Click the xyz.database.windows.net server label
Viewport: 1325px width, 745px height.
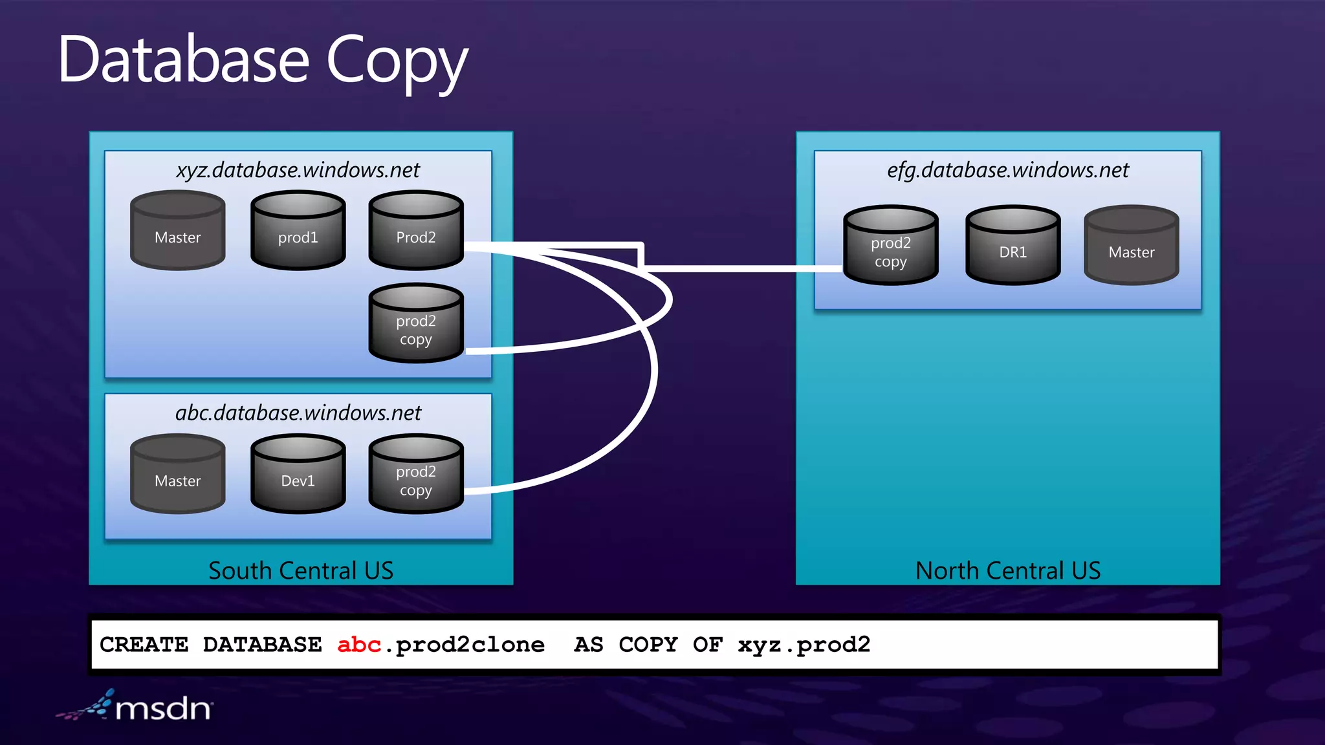point(298,170)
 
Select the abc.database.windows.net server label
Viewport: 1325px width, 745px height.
point(298,413)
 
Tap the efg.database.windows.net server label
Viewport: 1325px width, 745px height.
point(1007,170)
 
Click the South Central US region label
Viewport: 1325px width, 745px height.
point(301,570)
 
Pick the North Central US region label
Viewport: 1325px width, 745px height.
point(1007,570)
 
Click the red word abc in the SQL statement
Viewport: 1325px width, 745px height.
point(358,645)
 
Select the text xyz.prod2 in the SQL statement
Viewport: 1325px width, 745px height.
point(804,645)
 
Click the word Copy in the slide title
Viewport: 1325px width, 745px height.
point(397,61)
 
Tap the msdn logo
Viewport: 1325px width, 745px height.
point(136,707)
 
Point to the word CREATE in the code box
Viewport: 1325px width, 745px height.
point(144,645)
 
